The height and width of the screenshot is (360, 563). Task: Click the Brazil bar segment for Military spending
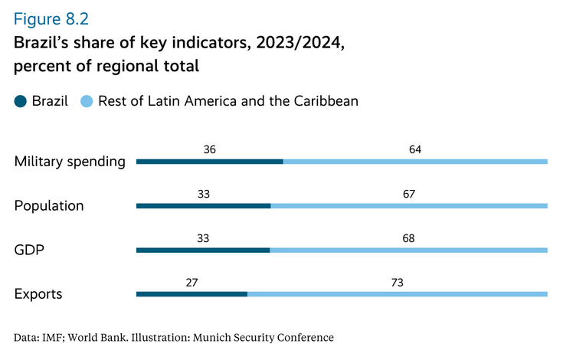pos(210,162)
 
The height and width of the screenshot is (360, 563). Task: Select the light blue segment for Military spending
pos(415,162)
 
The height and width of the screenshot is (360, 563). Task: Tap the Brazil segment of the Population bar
pos(204,206)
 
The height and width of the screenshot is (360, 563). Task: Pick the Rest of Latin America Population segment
pos(409,206)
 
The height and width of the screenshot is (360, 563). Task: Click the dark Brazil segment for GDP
pos(203,250)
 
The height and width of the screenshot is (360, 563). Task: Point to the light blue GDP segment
pos(408,250)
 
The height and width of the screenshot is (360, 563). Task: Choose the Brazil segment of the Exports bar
pos(191,294)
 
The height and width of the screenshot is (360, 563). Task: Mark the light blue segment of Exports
pos(397,294)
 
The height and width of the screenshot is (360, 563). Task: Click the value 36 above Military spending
pos(210,149)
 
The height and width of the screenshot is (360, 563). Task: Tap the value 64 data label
pos(415,149)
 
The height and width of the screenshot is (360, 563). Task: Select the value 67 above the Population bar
pos(409,194)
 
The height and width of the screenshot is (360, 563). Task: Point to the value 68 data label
pos(408,238)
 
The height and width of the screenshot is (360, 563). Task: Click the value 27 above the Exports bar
pos(191,283)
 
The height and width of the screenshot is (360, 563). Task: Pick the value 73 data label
pos(397,283)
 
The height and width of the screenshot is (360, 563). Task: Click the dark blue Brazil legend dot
pos(21,101)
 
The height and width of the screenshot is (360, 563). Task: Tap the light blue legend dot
pos(87,101)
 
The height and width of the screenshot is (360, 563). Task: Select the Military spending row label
pos(70,162)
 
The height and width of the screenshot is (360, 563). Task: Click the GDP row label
pos(28,250)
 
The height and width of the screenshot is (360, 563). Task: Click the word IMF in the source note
pos(54,337)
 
